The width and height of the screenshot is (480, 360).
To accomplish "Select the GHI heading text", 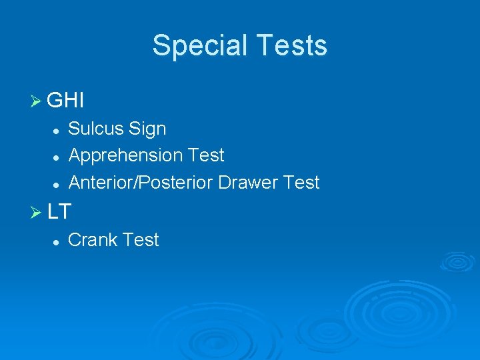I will point(65,101).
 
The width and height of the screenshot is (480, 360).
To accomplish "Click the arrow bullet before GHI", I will point(36,101).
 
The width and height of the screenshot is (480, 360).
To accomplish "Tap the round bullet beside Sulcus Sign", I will point(57,129).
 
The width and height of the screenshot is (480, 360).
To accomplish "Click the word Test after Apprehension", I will point(205,155).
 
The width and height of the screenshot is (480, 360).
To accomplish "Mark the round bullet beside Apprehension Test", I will point(57,157).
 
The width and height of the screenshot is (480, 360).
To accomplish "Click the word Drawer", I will point(247,183).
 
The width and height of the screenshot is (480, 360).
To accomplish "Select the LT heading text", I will point(59,212).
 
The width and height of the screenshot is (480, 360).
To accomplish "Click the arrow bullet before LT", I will point(36,213).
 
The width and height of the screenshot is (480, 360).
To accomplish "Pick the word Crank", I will point(93,240).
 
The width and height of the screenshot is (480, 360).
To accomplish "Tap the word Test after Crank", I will point(140,240).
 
